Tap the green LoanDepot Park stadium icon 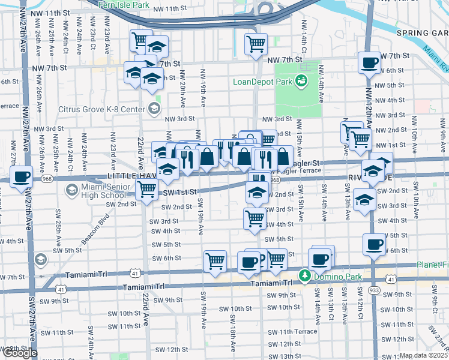(x=301, y=80)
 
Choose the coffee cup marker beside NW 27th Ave (x=22, y=177)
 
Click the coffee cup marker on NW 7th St (x=369, y=62)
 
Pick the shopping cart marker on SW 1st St (x=146, y=190)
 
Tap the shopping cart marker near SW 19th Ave (x=215, y=261)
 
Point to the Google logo (x=20, y=353)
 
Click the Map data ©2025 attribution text (x=423, y=355)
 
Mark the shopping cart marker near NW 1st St (x=360, y=139)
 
